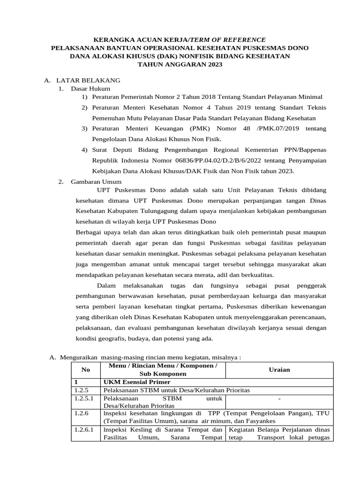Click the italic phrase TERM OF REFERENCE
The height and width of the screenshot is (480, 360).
click(229, 40)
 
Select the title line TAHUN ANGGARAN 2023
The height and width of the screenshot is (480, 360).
click(180, 64)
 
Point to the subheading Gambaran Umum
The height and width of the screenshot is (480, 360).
click(96, 181)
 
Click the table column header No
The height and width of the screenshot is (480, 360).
click(86, 369)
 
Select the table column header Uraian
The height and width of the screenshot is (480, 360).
click(279, 369)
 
